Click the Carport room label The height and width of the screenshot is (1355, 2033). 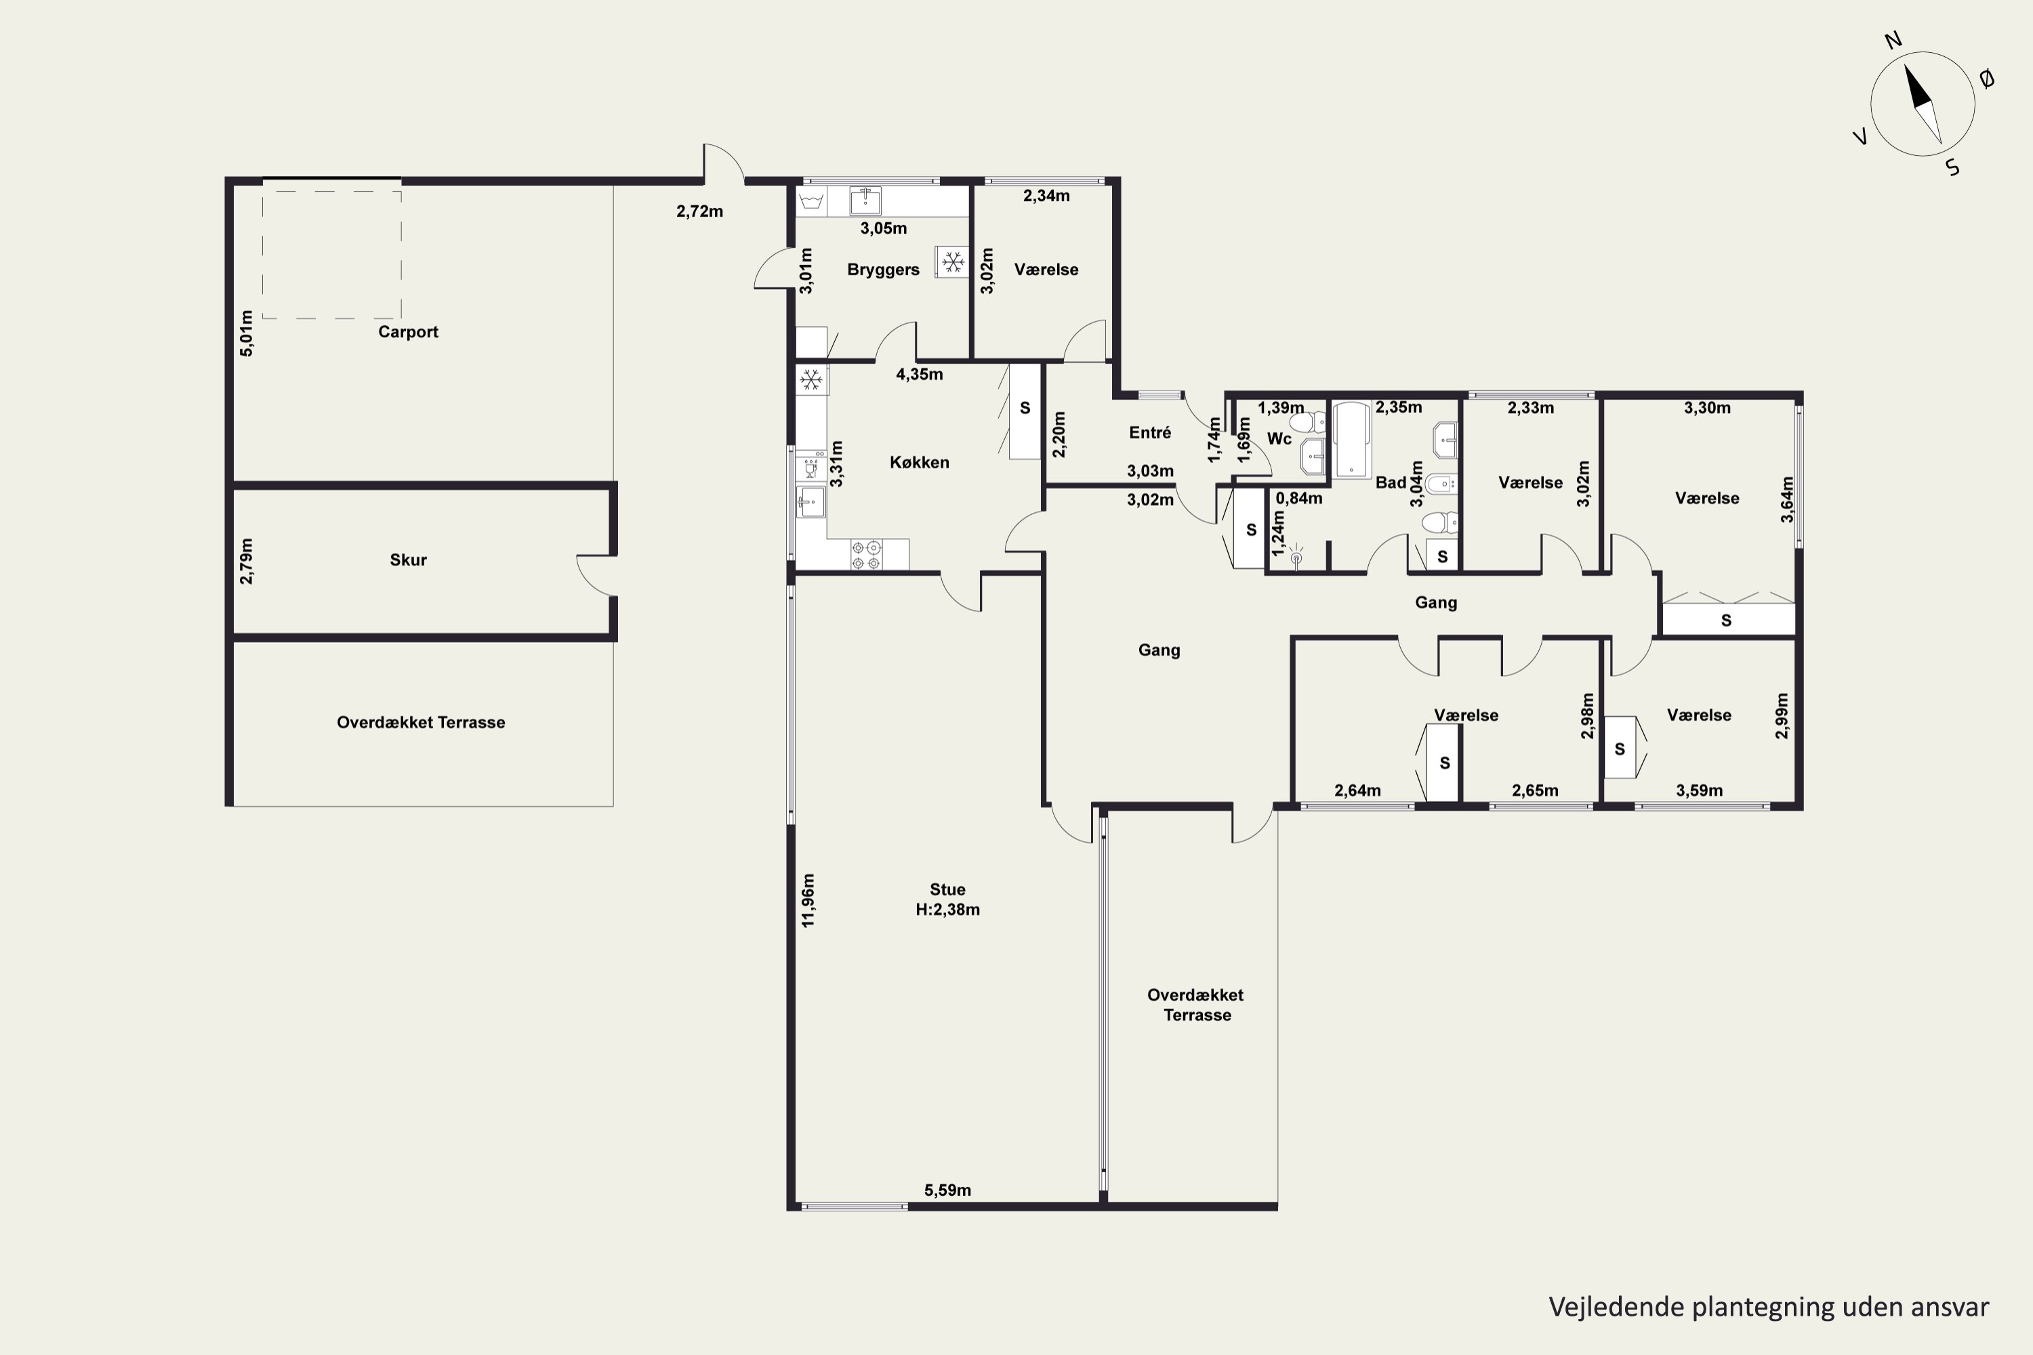pyautogui.click(x=408, y=332)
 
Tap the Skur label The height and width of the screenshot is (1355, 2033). pyautogui.click(x=408, y=560)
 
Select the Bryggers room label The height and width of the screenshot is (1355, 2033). pyautogui.click(x=882, y=270)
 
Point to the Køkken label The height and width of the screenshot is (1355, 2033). pyautogui.click(x=919, y=462)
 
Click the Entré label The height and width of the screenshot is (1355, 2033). pyautogui.click(x=1149, y=432)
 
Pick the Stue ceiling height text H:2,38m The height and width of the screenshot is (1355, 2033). pyautogui.click(x=947, y=909)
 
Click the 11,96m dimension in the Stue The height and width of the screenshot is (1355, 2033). pyautogui.click(x=808, y=900)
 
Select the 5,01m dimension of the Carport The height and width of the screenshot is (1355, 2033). pyautogui.click(x=247, y=333)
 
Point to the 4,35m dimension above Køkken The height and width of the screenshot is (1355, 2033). pyautogui.click(x=919, y=374)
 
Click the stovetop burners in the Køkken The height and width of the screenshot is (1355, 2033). pyautogui.click(x=866, y=555)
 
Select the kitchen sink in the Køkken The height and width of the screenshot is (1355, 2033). pyautogui.click(x=810, y=501)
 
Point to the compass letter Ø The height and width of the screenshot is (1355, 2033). pyautogui.click(x=1987, y=79)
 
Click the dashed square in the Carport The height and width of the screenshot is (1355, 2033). pyautogui.click(x=332, y=255)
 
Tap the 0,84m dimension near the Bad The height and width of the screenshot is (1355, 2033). pyautogui.click(x=1298, y=498)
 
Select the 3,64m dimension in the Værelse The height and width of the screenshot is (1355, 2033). pyautogui.click(x=1786, y=499)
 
